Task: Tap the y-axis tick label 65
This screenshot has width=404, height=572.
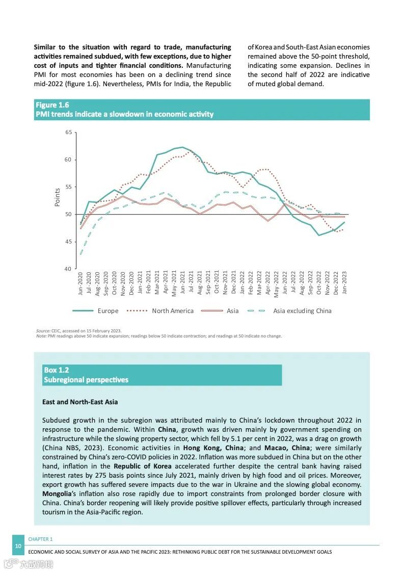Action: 69,133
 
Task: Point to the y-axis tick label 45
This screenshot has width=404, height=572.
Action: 69,242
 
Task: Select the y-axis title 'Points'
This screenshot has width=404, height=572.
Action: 58,197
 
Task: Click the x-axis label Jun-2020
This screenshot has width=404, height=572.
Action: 80,284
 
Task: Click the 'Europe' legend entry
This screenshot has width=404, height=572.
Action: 107,311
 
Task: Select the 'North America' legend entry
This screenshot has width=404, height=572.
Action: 173,311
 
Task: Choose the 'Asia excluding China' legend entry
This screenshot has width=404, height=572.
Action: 302,311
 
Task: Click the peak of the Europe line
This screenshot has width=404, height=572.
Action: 182,147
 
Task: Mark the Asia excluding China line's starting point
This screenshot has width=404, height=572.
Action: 80,253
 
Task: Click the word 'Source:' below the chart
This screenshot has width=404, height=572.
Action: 43,331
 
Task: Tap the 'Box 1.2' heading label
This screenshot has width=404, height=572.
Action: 56,370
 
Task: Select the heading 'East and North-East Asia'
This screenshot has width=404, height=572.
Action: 80,402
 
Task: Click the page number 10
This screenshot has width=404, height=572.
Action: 18,546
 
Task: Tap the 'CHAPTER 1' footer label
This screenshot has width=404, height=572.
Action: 40,539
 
